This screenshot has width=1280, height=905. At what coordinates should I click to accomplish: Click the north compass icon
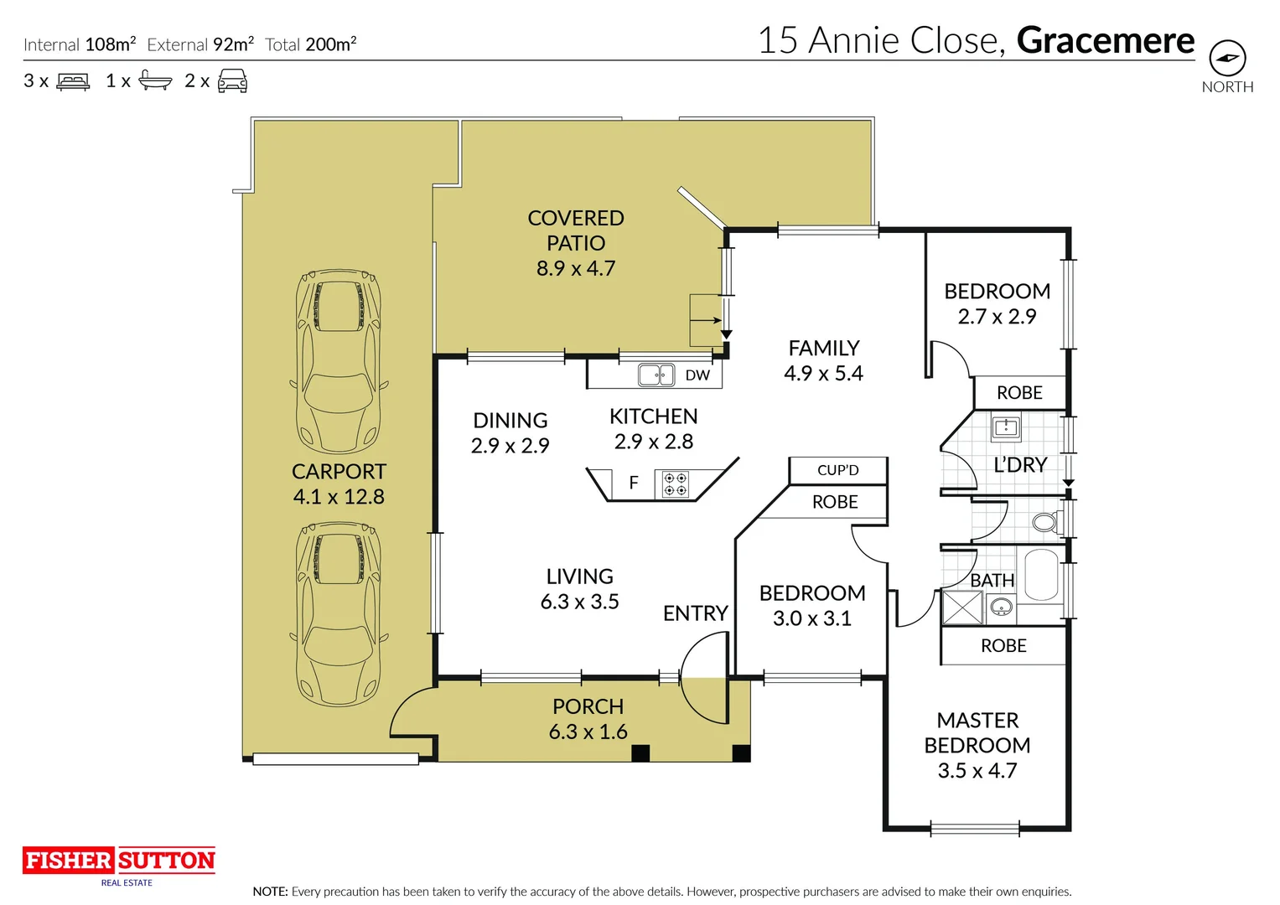pyautogui.click(x=1227, y=59)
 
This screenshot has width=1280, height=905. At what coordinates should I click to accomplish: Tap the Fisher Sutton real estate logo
pyautogui.click(x=119, y=861)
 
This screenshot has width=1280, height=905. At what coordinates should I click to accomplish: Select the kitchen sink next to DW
pyautogui.click(x=656, y=375)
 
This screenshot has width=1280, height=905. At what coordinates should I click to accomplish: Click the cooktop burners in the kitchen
pyautogui.click(x=676, y=484)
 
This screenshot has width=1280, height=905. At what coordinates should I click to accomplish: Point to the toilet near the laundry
pyautogui.click(x=1044, y=523)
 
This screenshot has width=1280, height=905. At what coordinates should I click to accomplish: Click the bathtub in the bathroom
pyautogui.click(x=1041, y=574)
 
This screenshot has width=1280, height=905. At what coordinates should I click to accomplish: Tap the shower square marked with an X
pyautogui.click(x=961, y=608)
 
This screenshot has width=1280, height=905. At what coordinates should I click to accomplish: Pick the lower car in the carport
pyautogui.click(x=339, y=613)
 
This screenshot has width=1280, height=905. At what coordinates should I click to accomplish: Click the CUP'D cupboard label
pyautogui.click(x=838, y=470)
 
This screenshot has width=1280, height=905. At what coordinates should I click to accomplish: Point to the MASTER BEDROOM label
pyautogui.click(x=977, y=733)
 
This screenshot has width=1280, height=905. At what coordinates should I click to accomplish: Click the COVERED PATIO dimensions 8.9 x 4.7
pyautogui.click(x=576, y=269)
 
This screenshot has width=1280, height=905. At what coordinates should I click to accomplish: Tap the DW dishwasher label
pyautogui.click(x=697, y=375)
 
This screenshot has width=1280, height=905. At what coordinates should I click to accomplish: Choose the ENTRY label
pyautogui.click(x=695, y=613)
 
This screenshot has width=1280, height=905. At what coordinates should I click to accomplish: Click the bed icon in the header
pyautogui.click(x=73, y=81)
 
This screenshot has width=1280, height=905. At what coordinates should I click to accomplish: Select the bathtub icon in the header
pyautogui.click(x=155, y=81)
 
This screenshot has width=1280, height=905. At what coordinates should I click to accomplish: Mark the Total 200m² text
pyautogui.click(x=311, y=44)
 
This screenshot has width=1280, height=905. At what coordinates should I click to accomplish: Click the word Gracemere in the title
pyautogui.click(x=1106, y=40)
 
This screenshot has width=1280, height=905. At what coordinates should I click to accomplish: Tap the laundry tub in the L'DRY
pyautogui.click(x=1005, y=428)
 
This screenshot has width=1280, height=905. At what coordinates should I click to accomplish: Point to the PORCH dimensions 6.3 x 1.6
pyautogui.click(x=588, y=732)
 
